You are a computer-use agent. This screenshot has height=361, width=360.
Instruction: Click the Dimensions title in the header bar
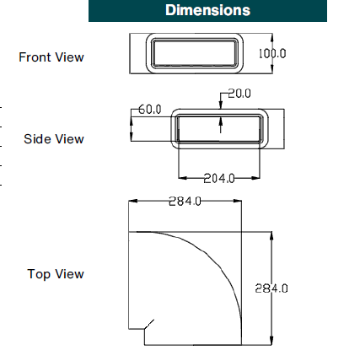[x=207, y=10]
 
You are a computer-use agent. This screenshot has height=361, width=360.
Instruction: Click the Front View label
[x=51, y=57]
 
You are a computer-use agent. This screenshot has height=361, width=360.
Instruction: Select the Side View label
[x=54, y=139]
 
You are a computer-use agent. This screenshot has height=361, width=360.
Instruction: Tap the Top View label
[x=56, y=274]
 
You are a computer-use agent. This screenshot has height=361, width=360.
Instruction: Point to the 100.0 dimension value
[x=272, y=53]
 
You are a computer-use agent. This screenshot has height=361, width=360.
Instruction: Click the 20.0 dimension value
[x=239, y=94]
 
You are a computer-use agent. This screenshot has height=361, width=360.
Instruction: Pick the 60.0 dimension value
[x=149, y=110]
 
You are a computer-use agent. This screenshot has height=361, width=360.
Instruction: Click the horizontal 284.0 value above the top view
[x=185, y=201]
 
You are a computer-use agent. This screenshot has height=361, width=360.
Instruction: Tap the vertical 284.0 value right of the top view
[x=271, y=288]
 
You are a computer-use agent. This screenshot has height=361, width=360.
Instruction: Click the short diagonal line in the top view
[x=148, y=323]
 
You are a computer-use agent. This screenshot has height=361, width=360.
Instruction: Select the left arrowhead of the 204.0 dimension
[x=182, y=178]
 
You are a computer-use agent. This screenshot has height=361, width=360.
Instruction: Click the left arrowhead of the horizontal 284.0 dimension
[x=132, y=201]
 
